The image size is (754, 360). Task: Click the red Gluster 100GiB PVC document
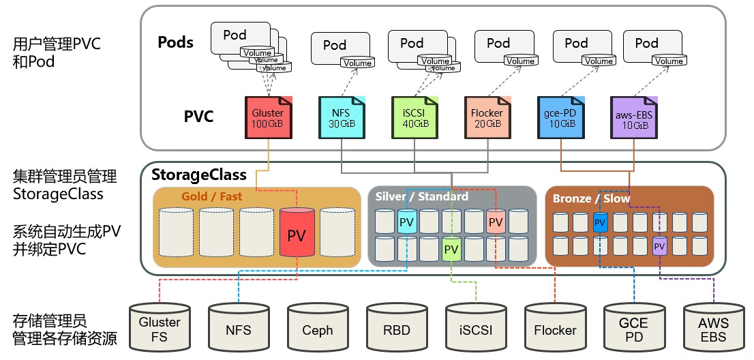pos(268,118)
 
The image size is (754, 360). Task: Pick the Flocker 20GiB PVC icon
pos(486,118)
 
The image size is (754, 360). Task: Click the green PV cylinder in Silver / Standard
pos(451,249)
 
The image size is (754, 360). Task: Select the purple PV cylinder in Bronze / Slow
pos(659,245)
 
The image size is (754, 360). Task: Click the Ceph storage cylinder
pos(318,329)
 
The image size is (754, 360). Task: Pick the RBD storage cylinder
pos(397,329)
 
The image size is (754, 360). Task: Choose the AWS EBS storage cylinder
pos(713,329)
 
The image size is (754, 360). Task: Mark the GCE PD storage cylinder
pos(634,329)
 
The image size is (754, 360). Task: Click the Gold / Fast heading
pos(212,196)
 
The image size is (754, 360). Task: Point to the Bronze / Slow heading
pos(591,198)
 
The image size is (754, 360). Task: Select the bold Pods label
pos(176,42)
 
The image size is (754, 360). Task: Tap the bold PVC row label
pos(198,117)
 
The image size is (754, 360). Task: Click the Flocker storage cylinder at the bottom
pos(555,329)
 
